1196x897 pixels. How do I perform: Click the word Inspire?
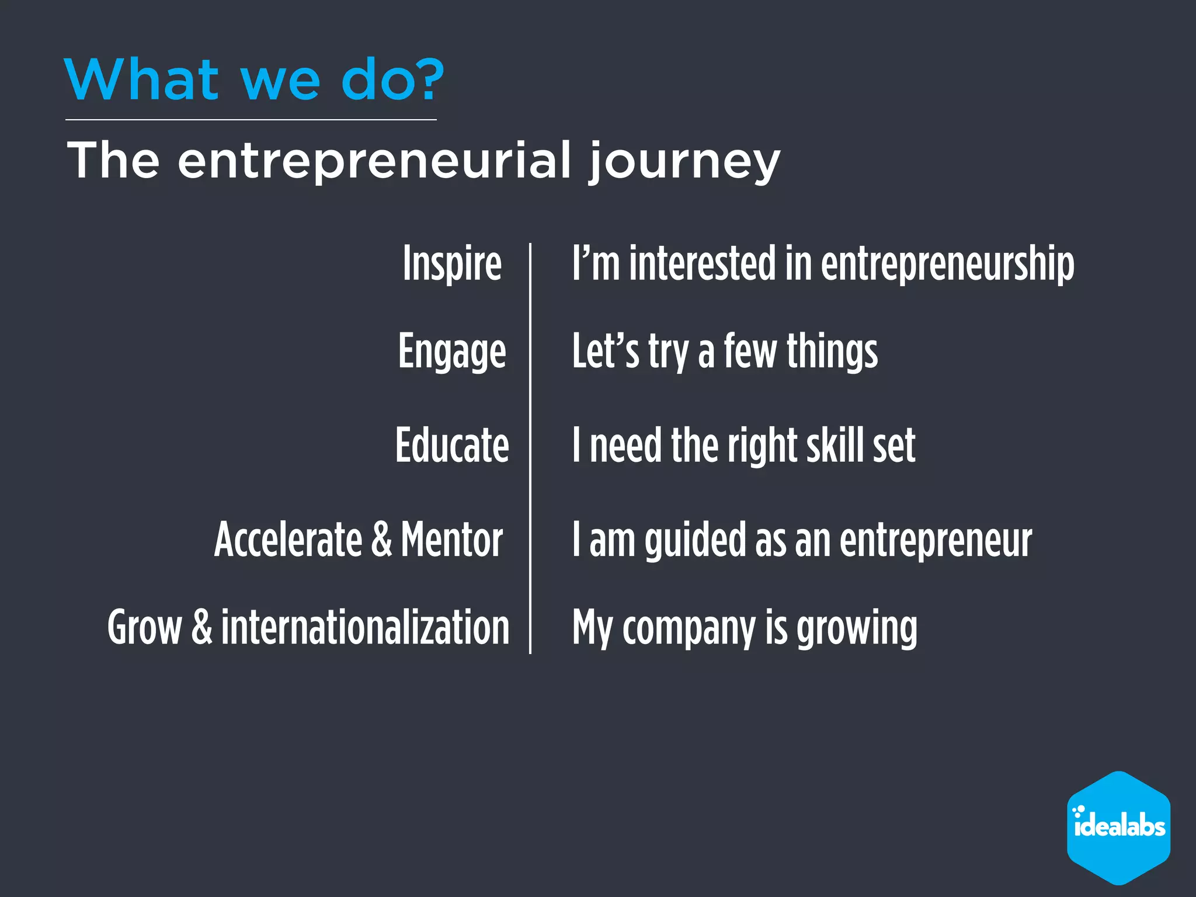click(452, 264)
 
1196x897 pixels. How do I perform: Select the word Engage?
click(452, 352)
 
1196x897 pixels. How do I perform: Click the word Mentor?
click(451, 540)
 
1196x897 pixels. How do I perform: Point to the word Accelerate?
click(288, 540)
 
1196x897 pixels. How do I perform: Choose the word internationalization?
click(365, 627)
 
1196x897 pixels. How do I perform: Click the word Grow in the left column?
click(144, 627)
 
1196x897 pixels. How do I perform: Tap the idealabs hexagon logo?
click(1118, 828)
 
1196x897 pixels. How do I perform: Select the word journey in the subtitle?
click(684, 161)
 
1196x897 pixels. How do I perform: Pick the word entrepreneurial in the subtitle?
click(374, 160)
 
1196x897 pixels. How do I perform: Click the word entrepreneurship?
click(947, 264)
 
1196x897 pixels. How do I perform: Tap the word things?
click(832, 352)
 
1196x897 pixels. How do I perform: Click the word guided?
click(695, 540)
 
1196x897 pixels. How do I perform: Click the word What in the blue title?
click(141, 80)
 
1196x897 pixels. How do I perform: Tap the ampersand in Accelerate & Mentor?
click(381, 540)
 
